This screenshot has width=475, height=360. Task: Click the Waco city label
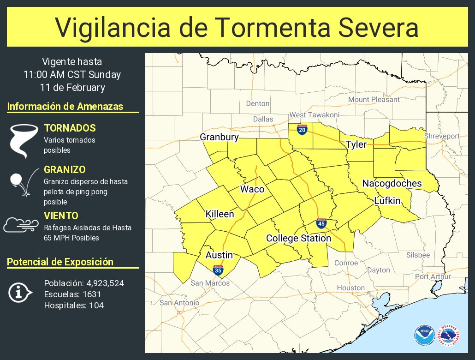[x=252, y=189]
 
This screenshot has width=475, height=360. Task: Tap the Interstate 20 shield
[x=302, y=130]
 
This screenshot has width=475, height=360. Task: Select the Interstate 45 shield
[x=321, y=224]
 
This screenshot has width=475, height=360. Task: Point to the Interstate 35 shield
[x=219, y=270]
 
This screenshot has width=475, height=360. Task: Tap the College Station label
[x=298, y=239]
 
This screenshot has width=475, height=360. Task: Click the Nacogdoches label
[x=392, y=183]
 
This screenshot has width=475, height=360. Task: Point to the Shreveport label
[x=442, y=136]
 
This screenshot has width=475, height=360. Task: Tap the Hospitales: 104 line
[x=74, y=305]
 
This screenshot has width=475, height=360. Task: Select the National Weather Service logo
[x=449, y=335]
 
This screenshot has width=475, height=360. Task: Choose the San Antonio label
[x=179, y=303]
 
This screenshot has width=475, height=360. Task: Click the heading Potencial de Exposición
[x=60, y=262]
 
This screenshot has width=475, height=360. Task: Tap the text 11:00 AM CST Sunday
[x=72, y=74]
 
